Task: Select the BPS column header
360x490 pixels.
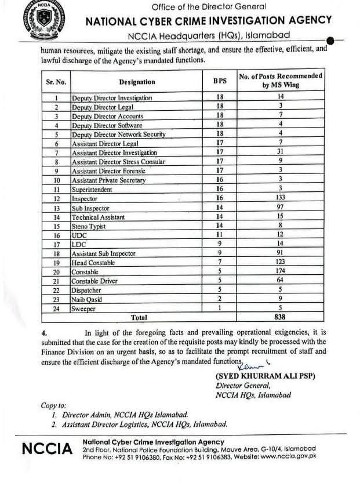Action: [220, 82]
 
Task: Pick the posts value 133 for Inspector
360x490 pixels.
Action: [280, 198]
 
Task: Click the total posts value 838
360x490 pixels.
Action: [280, 317]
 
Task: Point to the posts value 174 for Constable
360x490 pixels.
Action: [280, 271]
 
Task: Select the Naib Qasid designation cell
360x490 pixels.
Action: [86, 299]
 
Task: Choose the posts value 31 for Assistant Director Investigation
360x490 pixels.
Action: [280, 153]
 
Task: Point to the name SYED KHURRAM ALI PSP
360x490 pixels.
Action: [265, 376]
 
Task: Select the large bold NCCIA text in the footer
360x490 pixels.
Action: [47, 449]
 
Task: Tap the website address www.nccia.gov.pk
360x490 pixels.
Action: [288, 456]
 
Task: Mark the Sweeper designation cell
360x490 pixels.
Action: [83, 308]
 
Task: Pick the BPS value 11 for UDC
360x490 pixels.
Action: [220, 235]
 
